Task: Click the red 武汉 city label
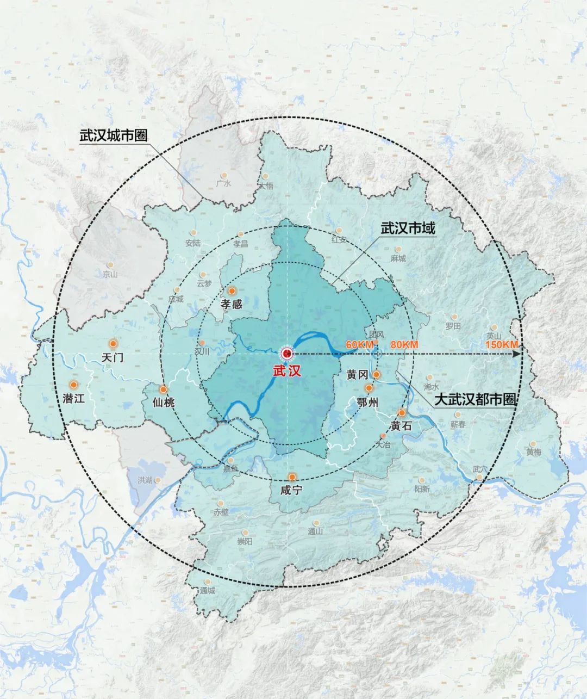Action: pos(286,370)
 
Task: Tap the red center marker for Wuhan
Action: pos(286,354)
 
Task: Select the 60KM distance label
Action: pos(359,345)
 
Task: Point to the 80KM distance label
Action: pos(404,345)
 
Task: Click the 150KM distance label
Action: pos(502,345)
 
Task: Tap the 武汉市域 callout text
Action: pos(408,228)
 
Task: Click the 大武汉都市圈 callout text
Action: pos(474,400)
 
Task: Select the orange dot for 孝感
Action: pos(232,291)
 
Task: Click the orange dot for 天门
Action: pos(113,343)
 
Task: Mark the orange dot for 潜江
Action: pos(73,385)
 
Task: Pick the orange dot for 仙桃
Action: pos(163,389)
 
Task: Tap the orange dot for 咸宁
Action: pos(292,477)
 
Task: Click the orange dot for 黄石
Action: pos(402,413)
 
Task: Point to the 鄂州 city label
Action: pos(367,402)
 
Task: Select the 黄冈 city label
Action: pos(358,375)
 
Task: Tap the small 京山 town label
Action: pos(110,274)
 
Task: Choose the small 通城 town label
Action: pos(208,591)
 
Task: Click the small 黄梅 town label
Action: pos(534,451)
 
